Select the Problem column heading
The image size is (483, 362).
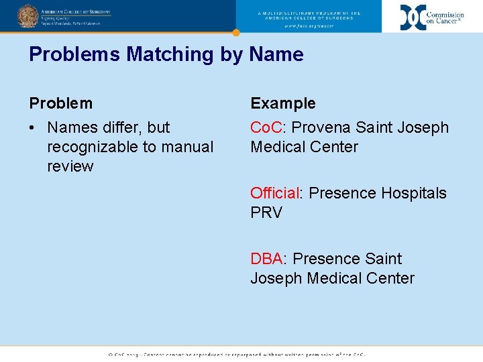pyautogui.click(x=60, y=103)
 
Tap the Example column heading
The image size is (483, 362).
pyautogui.click(x=282, y=103)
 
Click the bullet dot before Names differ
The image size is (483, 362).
pyautogui.click(x=33, y=127)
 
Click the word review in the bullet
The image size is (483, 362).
pyautogui.click(x=70, y=166)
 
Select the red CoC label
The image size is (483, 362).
pyautogui.click(x=266, y=127)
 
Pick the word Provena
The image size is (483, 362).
pyautogui.click(x=321, y=127)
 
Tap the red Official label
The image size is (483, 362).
pyautogui.click(x=274, y=193)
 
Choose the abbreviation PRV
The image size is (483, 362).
pyautogui.click(x=266, y=213)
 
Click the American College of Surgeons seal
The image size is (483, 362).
pyautogui.click(x=28, y=15)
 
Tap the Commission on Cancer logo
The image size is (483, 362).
pyautogui.click(x=432, y=17)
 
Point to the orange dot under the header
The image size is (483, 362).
pyautogui.click(x=236, y=32)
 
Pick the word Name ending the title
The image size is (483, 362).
pyautogui.click(x=276, y=54)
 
